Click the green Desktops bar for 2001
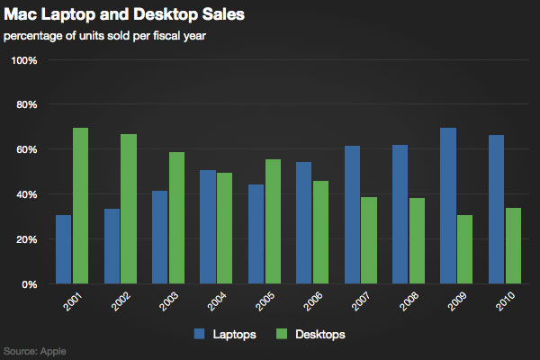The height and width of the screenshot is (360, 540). pos(80,205)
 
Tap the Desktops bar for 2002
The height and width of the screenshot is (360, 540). pos(129,209)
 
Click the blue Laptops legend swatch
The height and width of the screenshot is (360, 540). pos(200,334)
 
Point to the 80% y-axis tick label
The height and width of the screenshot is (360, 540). pos(24,104)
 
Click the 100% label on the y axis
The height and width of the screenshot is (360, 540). pos(22,60)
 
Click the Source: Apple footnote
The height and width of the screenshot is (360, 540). pos(35,351)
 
